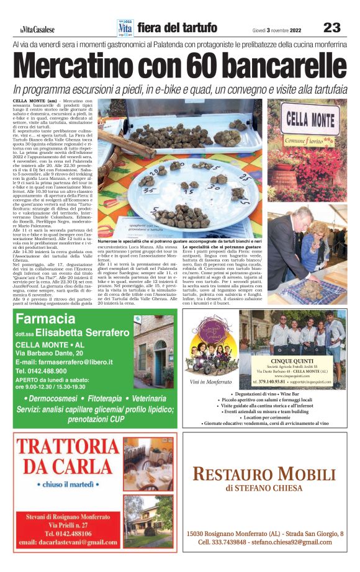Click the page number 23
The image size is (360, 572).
point(332,27)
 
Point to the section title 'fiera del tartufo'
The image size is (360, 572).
point(178,28)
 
